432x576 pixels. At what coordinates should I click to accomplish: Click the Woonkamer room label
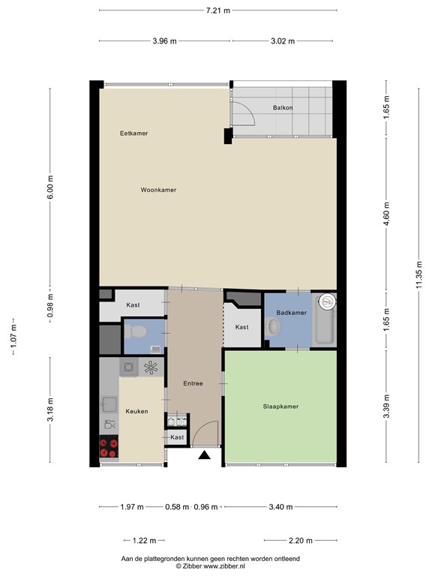click(158, 190)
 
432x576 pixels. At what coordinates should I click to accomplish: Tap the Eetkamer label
click(134, 133)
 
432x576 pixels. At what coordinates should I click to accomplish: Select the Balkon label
click(283, 108)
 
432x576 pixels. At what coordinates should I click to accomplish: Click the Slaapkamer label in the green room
click(280, 406)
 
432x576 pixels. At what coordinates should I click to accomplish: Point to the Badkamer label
click(290, 312)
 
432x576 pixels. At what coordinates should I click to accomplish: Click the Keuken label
click(136, 411)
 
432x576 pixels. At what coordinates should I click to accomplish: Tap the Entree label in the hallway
click(193, 384)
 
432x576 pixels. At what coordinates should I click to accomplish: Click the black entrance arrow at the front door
click(204, 454)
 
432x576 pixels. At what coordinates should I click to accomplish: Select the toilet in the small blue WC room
click(137, 331)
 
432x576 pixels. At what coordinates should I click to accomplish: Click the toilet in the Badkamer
click(274, 327)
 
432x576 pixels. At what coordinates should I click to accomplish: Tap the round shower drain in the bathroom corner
click(328, 302)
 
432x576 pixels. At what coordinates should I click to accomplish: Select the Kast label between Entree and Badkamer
click(241, 327)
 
